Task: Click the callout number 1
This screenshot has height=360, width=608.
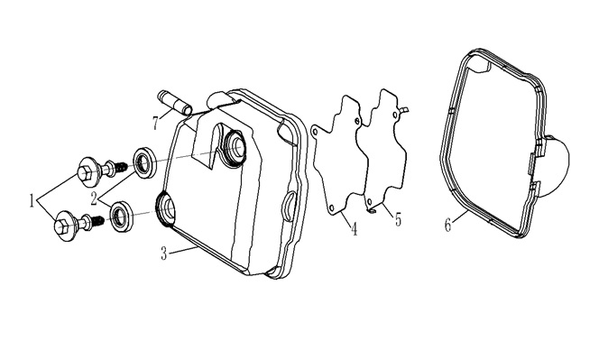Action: point(32,201)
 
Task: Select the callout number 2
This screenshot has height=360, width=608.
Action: point(94,199)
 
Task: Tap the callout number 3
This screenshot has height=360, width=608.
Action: point(164,254)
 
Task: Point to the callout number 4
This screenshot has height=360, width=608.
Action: point(354,229)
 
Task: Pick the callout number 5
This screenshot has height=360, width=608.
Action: point(398,220)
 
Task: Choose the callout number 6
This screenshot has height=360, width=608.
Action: point(447,225)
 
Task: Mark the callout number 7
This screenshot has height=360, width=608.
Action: point(155,124)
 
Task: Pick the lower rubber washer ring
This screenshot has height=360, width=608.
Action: point(123,217)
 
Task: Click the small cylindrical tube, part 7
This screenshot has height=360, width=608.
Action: point(174,103)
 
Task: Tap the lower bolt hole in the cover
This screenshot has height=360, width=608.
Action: point(166,209)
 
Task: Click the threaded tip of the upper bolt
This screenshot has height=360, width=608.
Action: point(122,167)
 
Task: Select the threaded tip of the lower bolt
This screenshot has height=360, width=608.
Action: point(98,221)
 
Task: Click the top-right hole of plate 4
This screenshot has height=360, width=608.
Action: point(357,122)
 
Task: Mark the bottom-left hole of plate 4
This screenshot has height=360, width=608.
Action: point(332,209)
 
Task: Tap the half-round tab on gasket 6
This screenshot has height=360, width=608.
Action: point(556,166)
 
